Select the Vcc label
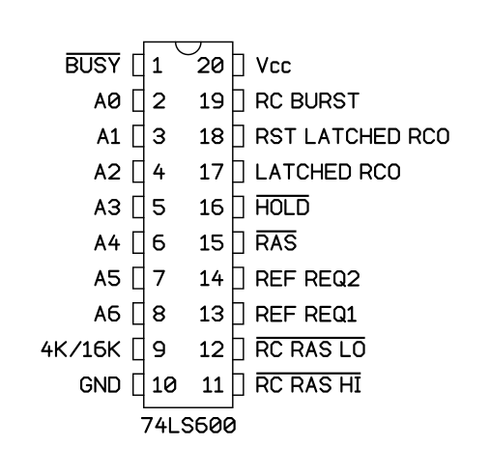coord(274,66)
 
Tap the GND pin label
coord(100,385)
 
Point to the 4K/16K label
coord(80,349)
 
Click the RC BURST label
coord(307,100)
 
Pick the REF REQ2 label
coord(307,278)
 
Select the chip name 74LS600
coord(188,426)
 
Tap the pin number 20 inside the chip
coord(211,66)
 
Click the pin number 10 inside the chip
coord(164,385)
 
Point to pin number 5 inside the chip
coord(159,208)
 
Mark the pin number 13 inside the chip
coord(212,314)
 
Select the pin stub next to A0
coord(138,100)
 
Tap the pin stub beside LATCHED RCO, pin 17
coord(238,172)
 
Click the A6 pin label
coord(107,314)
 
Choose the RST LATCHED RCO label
coord(353,136)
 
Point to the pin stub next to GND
coord(138,385)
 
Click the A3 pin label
coord(107,208)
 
